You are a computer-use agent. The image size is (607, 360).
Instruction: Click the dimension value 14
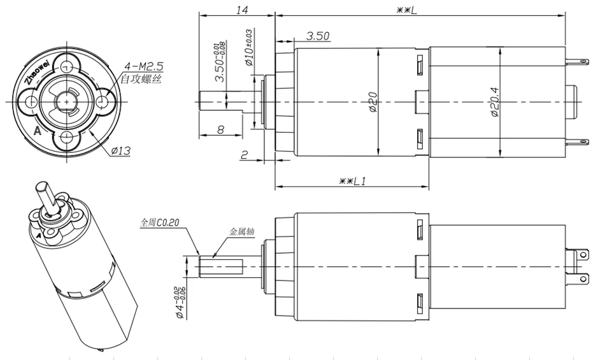point(241,10)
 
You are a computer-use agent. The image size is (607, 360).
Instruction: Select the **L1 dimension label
point(352,181)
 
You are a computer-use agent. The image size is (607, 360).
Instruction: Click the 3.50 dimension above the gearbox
point(317,36)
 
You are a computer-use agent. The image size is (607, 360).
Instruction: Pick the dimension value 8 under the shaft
point(220,129)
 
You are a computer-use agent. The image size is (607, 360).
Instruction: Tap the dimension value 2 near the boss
point(244,154)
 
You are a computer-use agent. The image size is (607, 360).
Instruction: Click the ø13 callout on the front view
point(120,151)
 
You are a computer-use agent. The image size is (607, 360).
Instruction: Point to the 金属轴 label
point(241,233)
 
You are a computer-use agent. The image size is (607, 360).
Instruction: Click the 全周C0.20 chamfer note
point(160,223)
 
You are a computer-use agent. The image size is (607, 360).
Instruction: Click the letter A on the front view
point(38,131)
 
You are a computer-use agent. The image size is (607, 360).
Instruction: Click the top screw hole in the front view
point(67,64)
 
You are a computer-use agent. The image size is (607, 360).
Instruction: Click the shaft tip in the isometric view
point(42,188)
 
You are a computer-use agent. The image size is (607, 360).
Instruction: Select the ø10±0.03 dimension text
point(249,48)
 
